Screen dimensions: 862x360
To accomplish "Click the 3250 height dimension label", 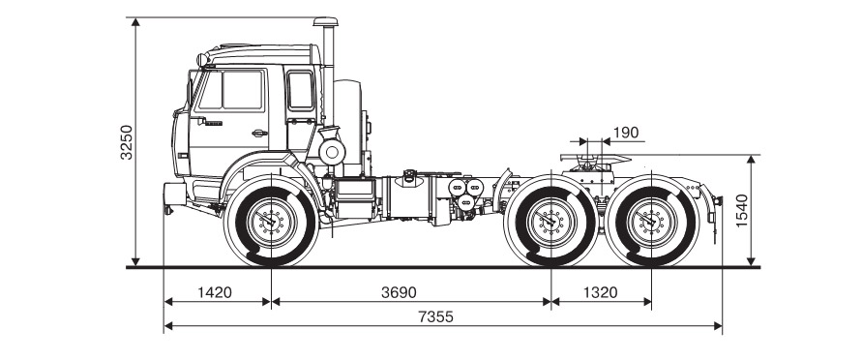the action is pyautogui.click(x=127, y=142).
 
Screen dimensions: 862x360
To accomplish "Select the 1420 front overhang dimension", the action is pyautogui.click(x=215, y=292).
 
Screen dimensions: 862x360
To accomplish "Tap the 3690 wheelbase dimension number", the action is pyautogui.click(x=400, y=292).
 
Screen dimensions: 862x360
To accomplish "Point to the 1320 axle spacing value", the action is pyautogui.click(x=601, y=292).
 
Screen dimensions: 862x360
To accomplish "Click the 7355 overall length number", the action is pyautogui.click(x=436, y=317).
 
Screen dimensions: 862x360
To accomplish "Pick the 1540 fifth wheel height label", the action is pyautogui.click(x=742, y=211).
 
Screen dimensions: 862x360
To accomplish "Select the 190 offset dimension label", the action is pyautogui.click(x=626, y=133).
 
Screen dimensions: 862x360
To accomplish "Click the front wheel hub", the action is pyautogui.click(x=272, y=221).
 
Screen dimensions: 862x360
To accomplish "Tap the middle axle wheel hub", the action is pyautogui.click(x=550, y=221).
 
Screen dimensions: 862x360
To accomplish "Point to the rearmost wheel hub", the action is pyautogui.click(x=651, y=221).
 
